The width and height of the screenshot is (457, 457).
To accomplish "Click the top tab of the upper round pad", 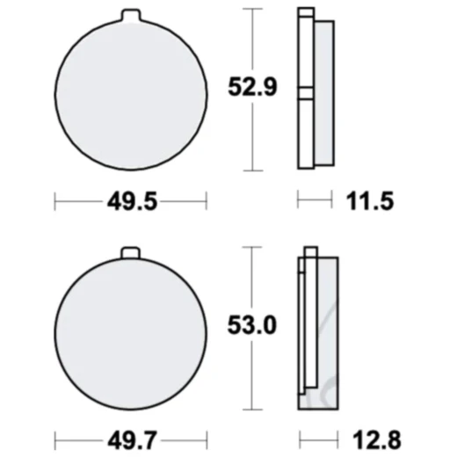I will point(130,15).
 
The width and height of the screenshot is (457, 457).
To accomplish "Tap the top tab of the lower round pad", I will point(130,254).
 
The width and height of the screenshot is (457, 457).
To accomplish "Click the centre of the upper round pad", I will point(130,92).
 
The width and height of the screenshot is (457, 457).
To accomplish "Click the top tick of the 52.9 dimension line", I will point(253,9).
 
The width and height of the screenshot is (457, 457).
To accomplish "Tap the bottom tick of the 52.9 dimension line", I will point(253,170).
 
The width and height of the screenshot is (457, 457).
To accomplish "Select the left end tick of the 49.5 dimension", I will point(55,201).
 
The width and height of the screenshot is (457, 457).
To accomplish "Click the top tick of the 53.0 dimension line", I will point(253,247).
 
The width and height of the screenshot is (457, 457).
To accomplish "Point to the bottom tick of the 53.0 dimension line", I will point(253,408).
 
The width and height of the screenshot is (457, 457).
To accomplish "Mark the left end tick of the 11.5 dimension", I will point(299,201).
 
